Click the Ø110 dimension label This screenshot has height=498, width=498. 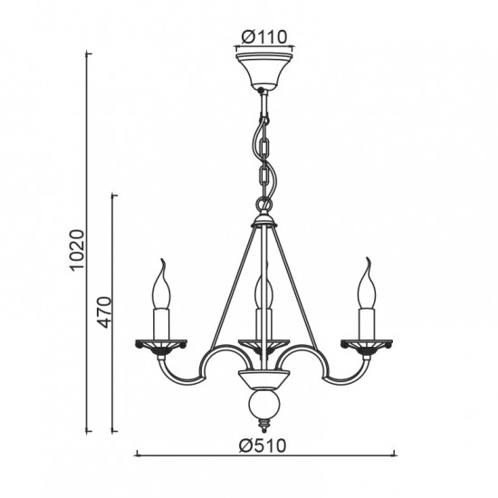(x=263, y=37)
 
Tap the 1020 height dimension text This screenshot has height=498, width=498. (x=78, y=250)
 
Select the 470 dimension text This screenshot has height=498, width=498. (x=105, y=311)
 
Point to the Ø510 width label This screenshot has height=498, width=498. (x=263, y=445)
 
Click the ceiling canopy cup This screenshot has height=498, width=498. (x=264, y=72)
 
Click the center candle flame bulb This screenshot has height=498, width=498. (x=264, y=289)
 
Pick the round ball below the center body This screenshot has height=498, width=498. (x=264, y=406)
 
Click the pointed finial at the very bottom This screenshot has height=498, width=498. (x=263, y=426)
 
